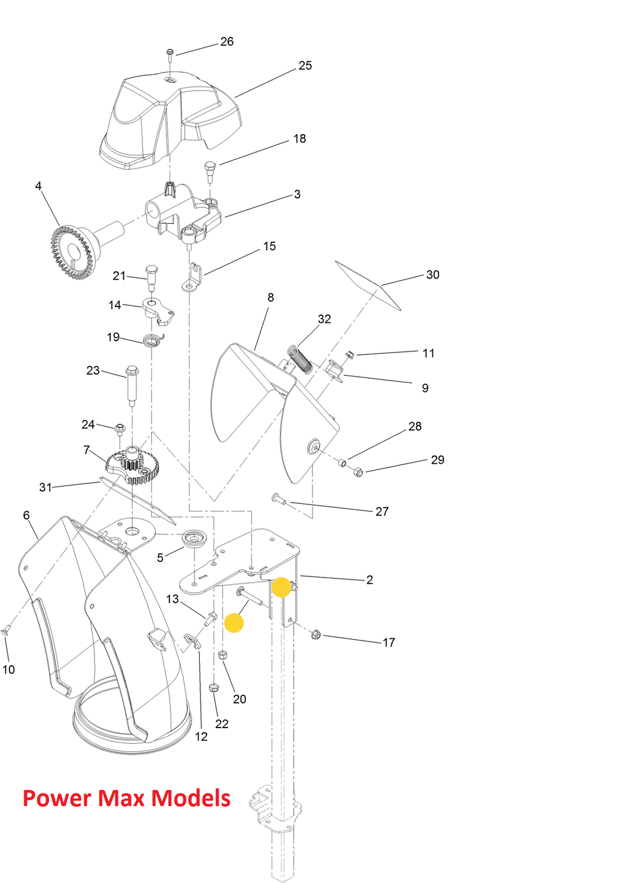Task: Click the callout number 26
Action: tap(226, 42)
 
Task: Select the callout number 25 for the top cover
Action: tap(305, 65)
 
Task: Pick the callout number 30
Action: tap(432, 275)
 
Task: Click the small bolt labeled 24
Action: tap(120, 429)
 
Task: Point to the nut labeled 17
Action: tap(315, 634)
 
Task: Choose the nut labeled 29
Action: tap(357, 471)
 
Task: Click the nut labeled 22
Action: tap(213, 687)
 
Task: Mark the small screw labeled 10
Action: tap(5, 631)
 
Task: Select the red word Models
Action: tap(190, 798)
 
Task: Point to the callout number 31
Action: tap(45, 487)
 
